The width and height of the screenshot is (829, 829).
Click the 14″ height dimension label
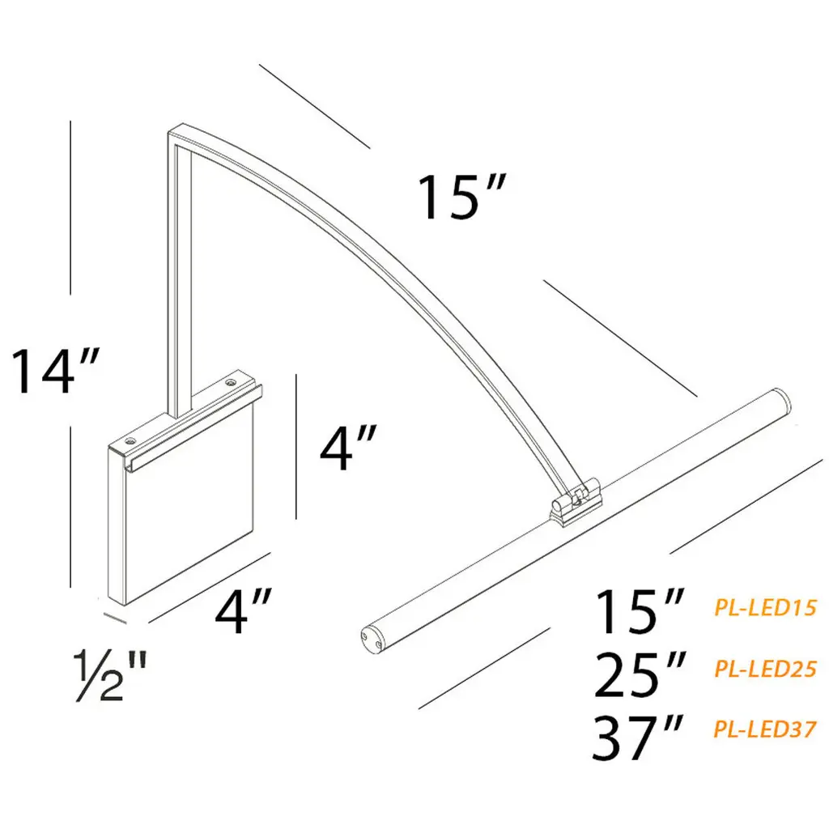[x=54, y=371]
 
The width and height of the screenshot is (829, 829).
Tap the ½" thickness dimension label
[x=109, y=678]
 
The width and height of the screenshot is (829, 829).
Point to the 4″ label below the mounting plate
[x=244, y=612]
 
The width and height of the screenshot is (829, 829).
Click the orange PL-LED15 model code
[x=766, y=608]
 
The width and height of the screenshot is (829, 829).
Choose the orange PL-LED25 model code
[x=766, y=669]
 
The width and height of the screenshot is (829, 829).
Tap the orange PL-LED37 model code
[x=766, y=729]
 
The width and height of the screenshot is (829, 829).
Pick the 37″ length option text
[x=638, y=737]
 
